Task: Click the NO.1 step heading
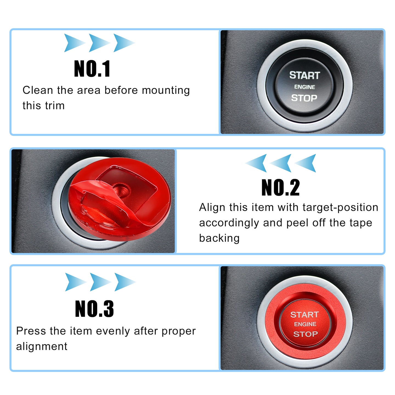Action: point(92,69)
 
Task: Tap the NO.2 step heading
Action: point(280,187)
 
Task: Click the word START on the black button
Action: point(304,75)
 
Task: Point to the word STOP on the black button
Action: point(304,98)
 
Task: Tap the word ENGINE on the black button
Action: point(304,87)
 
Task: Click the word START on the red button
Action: point(304,315)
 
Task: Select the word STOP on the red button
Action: point(305,334)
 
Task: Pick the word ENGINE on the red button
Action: point(305,324)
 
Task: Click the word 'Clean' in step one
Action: point(38,90)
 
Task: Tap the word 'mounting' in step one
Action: point(166,91)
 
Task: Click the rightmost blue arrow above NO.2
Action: point(306,163)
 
